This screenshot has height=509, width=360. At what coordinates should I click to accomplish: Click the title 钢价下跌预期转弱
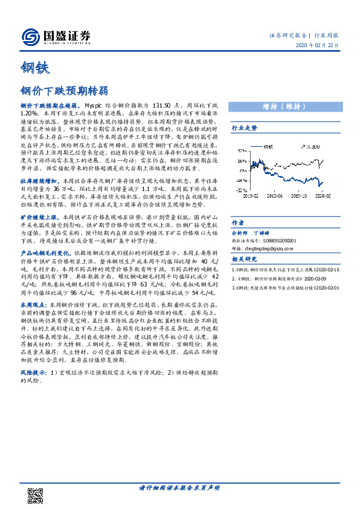pos(64,91)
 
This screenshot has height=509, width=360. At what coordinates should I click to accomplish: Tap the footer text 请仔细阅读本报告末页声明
pos(179,487)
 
